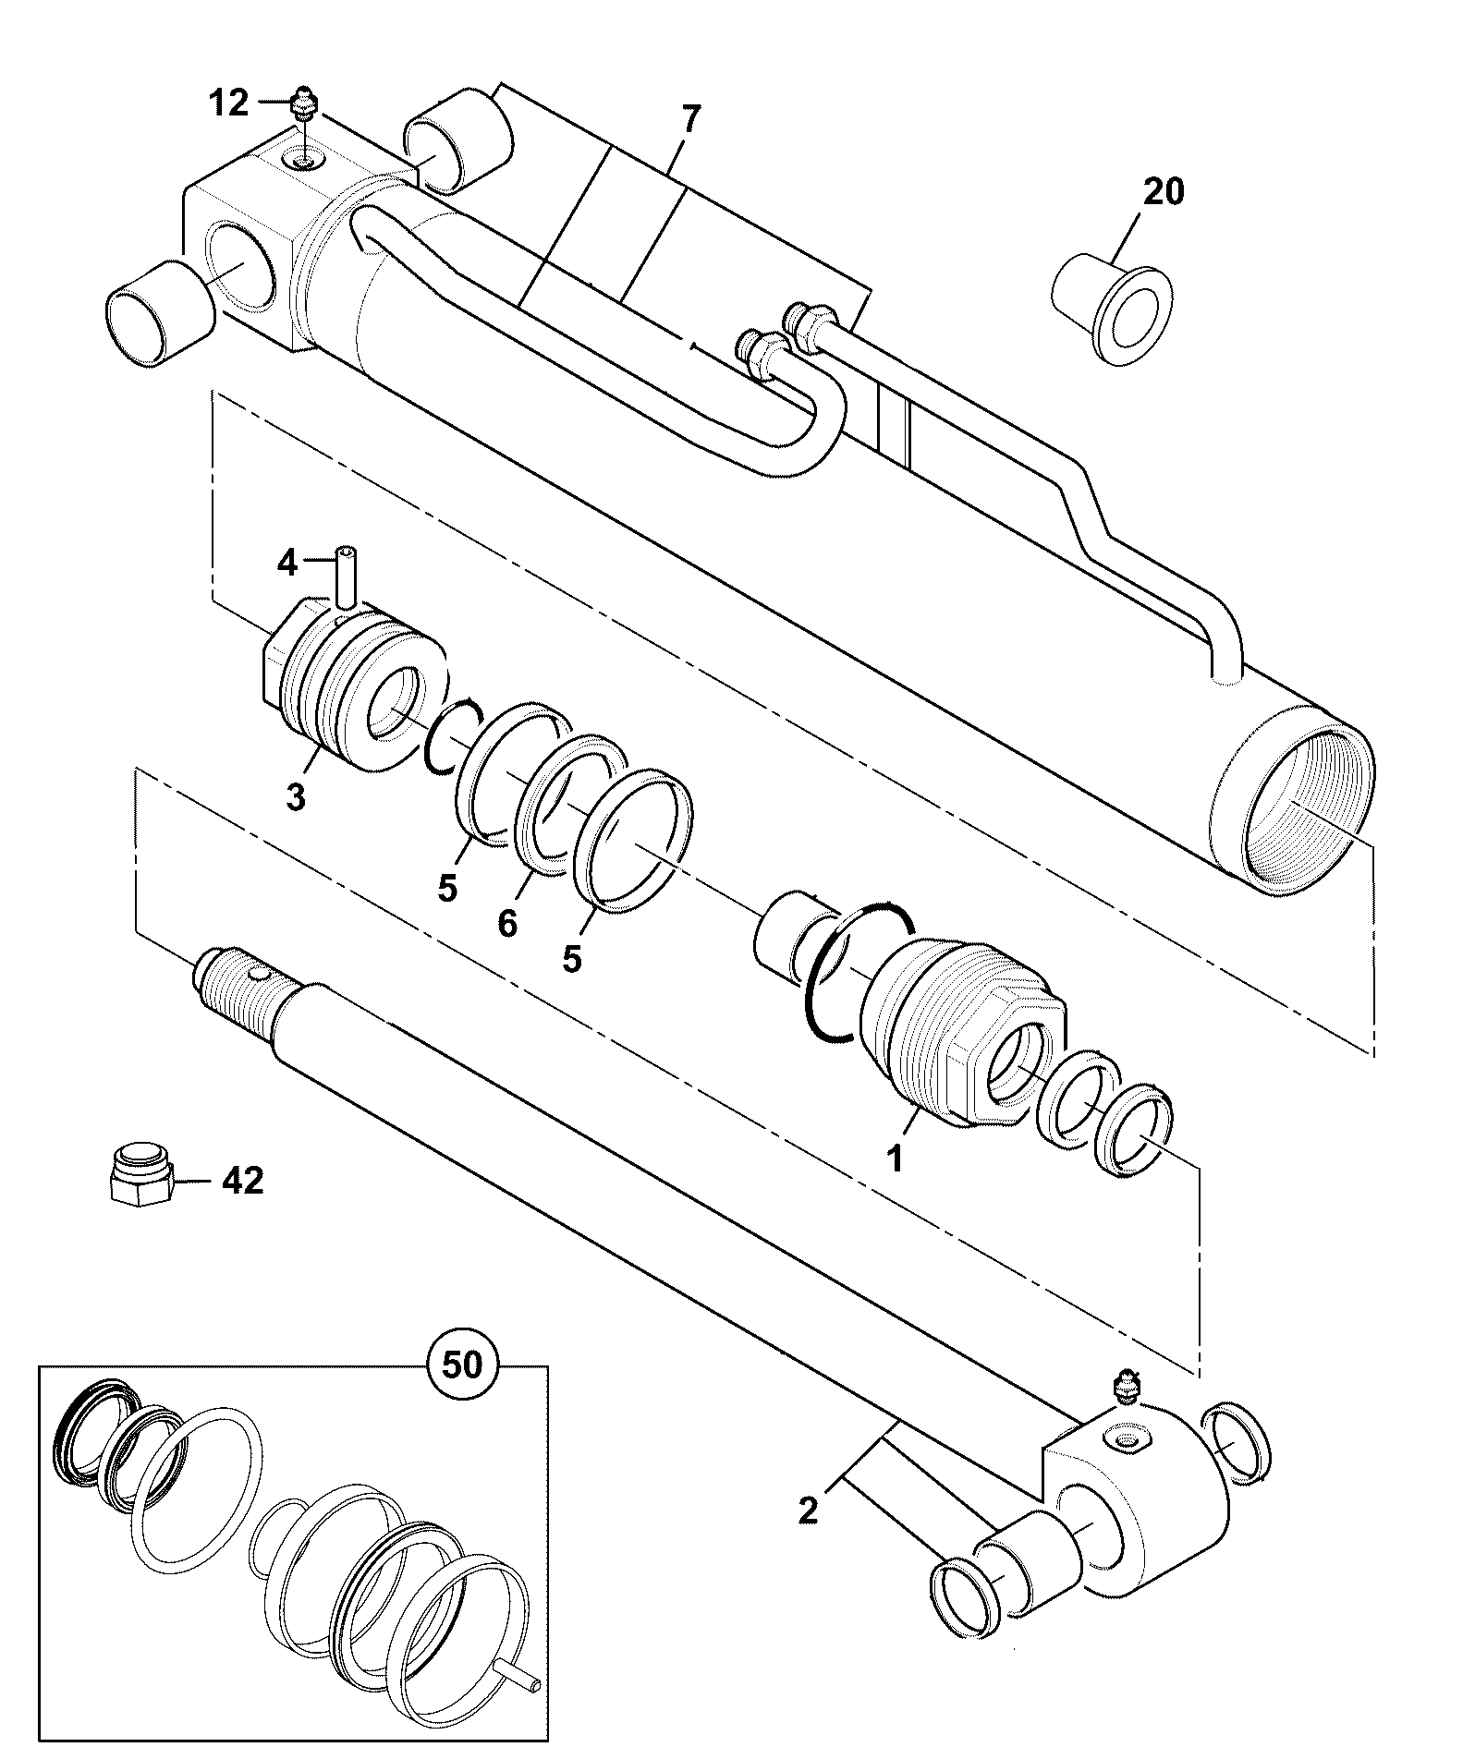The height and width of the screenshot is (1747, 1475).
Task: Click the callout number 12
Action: pyautogui.click(x=228, y=103)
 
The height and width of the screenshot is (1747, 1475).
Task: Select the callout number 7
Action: pyautogui.click(x=690, y=120)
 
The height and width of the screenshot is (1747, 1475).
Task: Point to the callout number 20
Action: pyautogui.click(x=1164, y=192)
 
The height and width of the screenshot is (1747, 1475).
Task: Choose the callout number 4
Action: pyautogui.click(x=288, y=562)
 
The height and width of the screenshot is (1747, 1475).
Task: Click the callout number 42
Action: pyautogui.click(x=241, y=1180)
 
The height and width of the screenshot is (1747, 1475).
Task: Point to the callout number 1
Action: pyautogui.click(x=894, y=1157)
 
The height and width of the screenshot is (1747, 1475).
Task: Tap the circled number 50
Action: pyautogui.click(x=462, y=1364)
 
